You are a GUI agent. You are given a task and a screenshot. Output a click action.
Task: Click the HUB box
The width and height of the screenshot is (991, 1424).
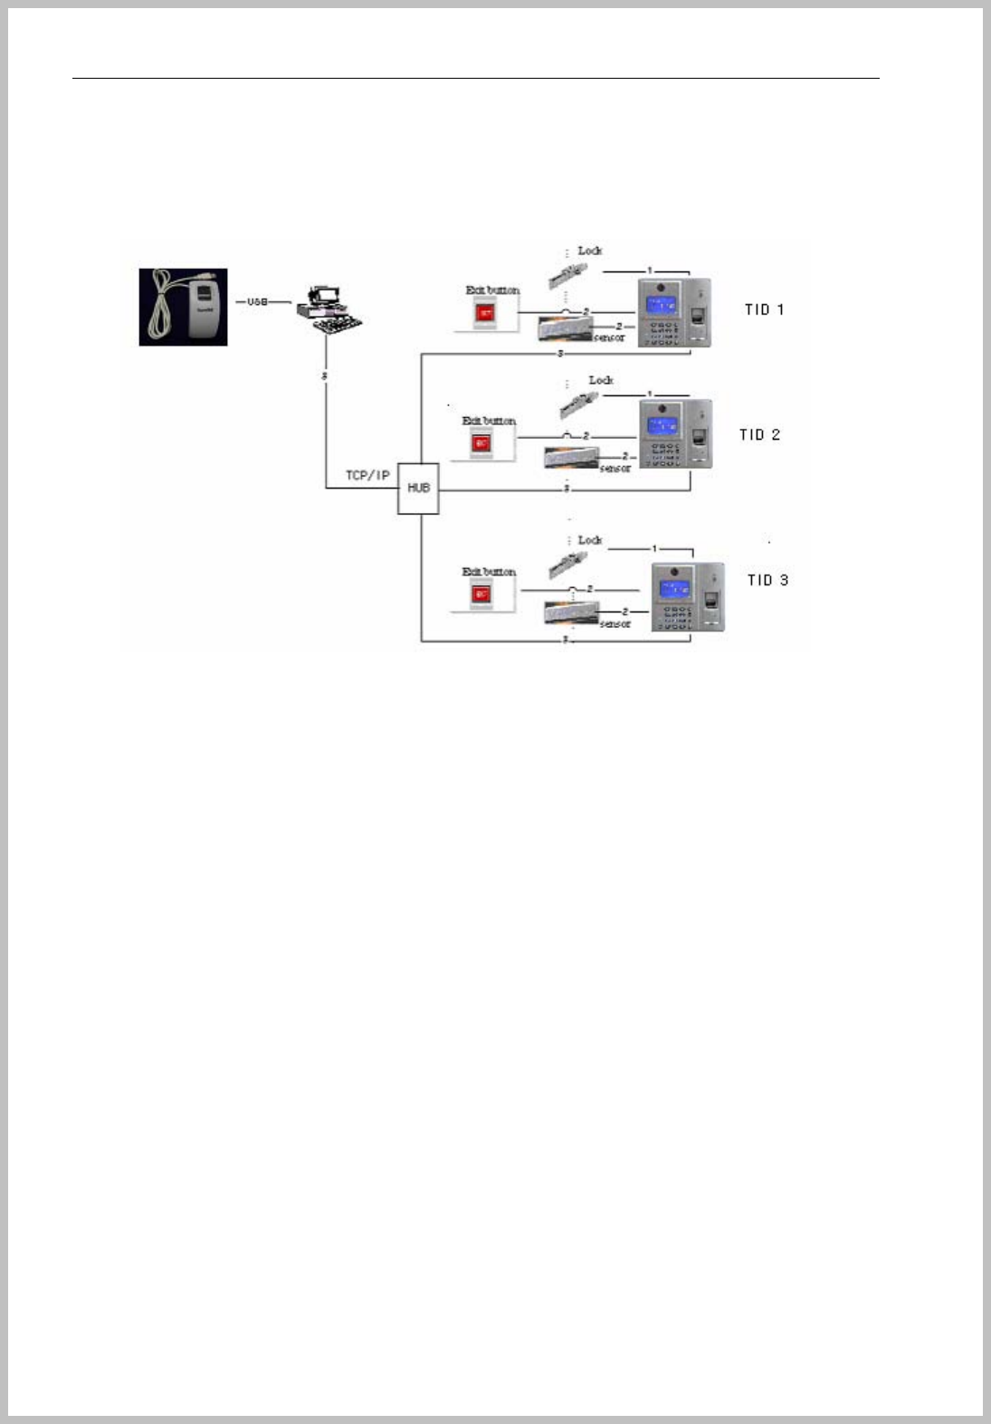[x=418, y=489]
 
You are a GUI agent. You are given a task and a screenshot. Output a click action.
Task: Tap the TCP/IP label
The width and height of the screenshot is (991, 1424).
[x=367, y=475]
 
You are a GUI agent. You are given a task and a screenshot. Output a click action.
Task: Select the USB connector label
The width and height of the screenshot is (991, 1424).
[x=258, y=301]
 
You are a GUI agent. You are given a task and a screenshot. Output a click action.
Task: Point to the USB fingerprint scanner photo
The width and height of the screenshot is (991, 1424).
[x=183, y=307]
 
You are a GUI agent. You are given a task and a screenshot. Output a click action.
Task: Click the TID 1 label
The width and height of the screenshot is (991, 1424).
[x=764, y=309]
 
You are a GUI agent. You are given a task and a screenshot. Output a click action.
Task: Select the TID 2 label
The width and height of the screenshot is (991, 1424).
[x=759, y=434]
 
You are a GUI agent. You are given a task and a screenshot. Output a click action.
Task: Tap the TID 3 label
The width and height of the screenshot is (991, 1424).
[x=767, y=580]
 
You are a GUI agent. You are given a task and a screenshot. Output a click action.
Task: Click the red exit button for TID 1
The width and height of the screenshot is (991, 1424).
[x=486, y=314]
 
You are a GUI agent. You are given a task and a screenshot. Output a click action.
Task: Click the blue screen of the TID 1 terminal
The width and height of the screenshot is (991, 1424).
[x=662, y=304]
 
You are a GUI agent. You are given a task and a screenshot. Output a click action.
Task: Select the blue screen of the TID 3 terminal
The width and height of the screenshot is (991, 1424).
[x=674, y=589]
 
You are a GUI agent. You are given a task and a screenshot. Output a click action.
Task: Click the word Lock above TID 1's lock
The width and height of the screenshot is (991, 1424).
[x=589, y=251]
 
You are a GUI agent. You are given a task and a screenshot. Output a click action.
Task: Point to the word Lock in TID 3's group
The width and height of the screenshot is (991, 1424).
[x=589, y=540]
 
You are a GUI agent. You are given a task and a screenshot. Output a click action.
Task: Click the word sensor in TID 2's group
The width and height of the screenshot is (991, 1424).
[x=615, y=469]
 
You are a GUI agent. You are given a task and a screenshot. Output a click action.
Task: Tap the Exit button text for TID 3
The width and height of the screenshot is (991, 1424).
[x=489, y=572]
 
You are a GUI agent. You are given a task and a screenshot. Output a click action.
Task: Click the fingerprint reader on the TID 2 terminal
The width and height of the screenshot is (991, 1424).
[x=700, y=440]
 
